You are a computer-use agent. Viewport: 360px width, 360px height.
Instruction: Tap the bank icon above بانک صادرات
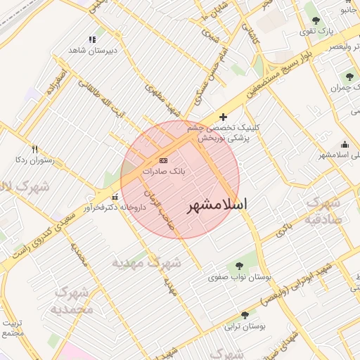164,160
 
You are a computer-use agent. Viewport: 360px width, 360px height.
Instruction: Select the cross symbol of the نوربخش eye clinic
224,117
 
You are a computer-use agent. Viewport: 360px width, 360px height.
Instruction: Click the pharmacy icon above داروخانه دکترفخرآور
115,197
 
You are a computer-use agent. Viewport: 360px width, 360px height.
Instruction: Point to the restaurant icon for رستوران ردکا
34,148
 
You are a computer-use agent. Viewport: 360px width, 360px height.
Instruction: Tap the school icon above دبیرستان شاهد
91,40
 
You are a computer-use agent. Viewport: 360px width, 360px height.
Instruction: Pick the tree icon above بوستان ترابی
245,315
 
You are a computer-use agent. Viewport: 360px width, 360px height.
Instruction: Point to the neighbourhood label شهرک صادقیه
323,210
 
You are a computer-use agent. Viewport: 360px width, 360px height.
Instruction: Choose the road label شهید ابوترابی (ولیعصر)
296,285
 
